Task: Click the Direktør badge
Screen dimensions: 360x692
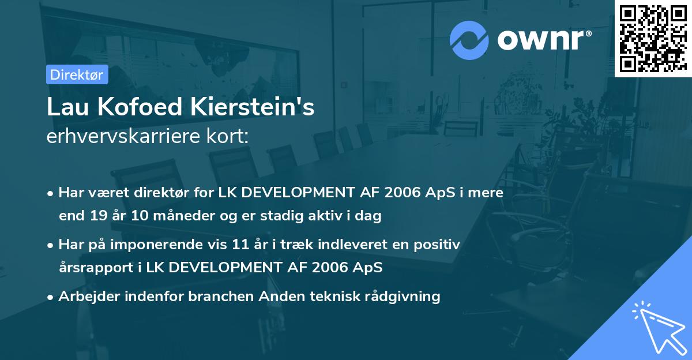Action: pos(77,74)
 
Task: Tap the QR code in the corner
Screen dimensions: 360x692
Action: pos(653,38)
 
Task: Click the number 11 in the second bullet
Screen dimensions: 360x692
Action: pos(240,245)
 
